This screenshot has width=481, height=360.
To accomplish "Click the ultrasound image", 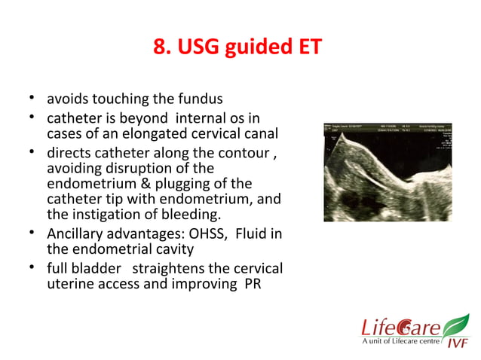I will [x=388, y=172].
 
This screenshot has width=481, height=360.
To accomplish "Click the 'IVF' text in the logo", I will [x=456, y=343].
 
